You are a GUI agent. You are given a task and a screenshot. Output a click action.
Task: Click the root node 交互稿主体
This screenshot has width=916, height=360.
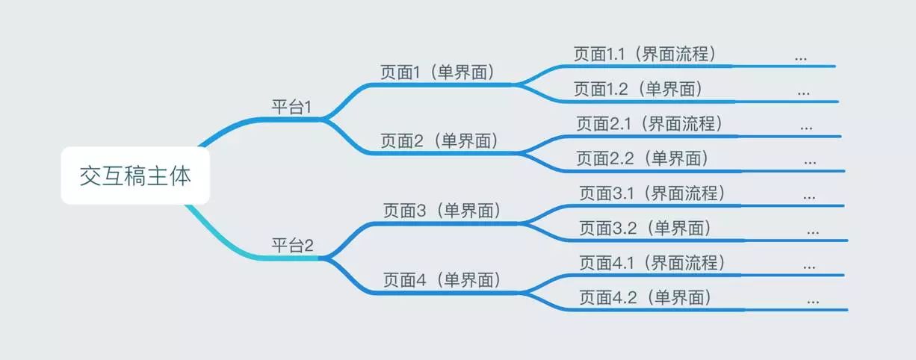point(135,177)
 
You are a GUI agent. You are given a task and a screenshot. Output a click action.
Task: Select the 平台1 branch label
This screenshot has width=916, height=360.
point(291,107)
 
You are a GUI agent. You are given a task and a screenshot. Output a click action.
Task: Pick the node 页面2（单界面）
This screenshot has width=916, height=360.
point(439,140)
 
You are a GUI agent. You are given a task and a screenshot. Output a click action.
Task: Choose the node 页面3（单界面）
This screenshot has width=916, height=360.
point(442,211)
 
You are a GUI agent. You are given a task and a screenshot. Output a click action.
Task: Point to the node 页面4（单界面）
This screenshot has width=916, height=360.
point(442,280)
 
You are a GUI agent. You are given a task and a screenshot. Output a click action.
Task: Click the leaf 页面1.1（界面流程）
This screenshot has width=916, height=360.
point(645,54)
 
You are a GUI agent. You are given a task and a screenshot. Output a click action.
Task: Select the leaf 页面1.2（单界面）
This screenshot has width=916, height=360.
point(638,89)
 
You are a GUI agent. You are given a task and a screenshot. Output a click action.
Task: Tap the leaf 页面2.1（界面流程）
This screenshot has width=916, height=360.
point(649,123)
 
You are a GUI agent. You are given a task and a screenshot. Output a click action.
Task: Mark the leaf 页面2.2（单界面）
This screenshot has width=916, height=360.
point(642,158)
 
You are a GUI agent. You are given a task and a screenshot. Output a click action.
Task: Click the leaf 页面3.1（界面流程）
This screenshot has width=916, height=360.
point(652,193)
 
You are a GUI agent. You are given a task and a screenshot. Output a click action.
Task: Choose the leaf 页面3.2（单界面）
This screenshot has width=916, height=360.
point(645,228)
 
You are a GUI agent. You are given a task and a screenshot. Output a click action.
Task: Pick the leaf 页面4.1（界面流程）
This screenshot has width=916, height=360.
point(652,263)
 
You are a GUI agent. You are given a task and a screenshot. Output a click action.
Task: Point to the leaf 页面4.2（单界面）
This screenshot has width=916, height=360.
point(645,297)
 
